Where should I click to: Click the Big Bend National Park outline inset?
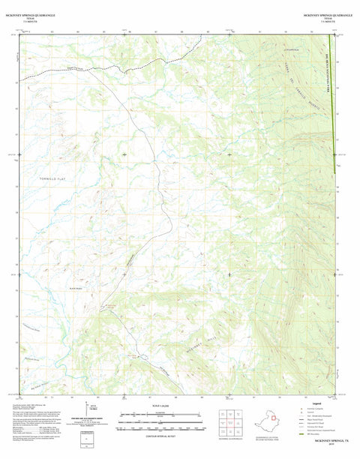[x=269, y=421]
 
